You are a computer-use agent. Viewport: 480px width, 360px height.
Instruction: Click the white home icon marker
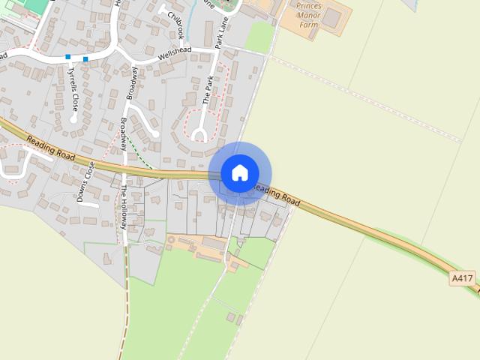tap(239, 172)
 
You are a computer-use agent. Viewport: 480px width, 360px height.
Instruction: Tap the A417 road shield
tap(463, 278)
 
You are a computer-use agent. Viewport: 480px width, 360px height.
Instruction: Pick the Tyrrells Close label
tap(72, 84)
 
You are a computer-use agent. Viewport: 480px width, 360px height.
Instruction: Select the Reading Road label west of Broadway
tap(51, 145)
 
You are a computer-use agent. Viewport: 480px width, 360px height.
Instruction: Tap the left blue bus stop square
tap(68, 56)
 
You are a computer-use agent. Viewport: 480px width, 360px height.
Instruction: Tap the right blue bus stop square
tap(86, 58)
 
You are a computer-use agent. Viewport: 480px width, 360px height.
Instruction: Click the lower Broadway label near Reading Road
tap(124, 132)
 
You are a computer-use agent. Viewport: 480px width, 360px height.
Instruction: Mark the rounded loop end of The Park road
tap(199, 135)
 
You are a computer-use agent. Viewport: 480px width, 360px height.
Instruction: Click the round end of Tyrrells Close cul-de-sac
tap(73, 118)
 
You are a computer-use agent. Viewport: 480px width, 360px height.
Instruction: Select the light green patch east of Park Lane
tap(259, 36)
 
